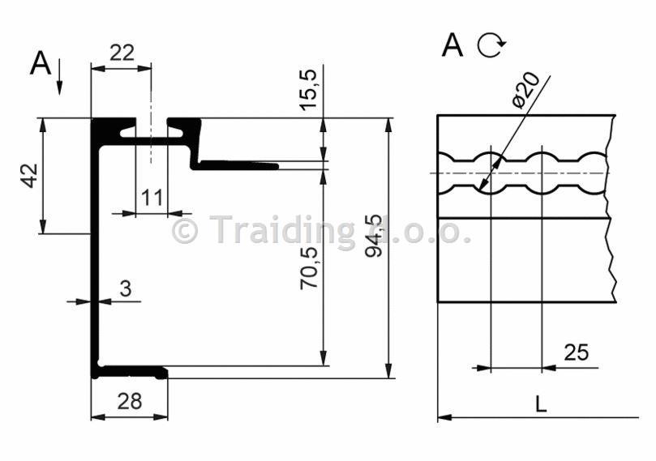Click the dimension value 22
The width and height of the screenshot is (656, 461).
coord(122,53)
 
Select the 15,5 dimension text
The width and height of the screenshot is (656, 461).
coord(309,90)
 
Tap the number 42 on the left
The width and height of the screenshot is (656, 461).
coord(30,176)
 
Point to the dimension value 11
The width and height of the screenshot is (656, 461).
coord(152,198)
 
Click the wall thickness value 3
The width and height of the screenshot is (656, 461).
coord(126,288)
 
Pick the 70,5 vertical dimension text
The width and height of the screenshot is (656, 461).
coord(309,268)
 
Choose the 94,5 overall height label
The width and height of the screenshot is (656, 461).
coord(374,235)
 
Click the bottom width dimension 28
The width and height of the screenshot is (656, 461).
coord(129,402)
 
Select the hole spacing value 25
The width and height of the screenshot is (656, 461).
coord(576,352)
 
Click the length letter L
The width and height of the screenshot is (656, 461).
coord(541,403)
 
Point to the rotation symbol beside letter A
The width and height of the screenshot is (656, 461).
coord(491,45)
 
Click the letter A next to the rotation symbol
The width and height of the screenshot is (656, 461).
coord(452,45)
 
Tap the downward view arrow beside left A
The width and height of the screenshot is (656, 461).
coord(59,76)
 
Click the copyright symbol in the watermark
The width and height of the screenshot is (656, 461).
coord(185,230)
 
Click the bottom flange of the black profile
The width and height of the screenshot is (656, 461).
coord(131,372)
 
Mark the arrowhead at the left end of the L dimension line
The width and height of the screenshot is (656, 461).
coord(444,417)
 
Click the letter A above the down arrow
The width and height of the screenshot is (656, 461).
coord(41,63)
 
